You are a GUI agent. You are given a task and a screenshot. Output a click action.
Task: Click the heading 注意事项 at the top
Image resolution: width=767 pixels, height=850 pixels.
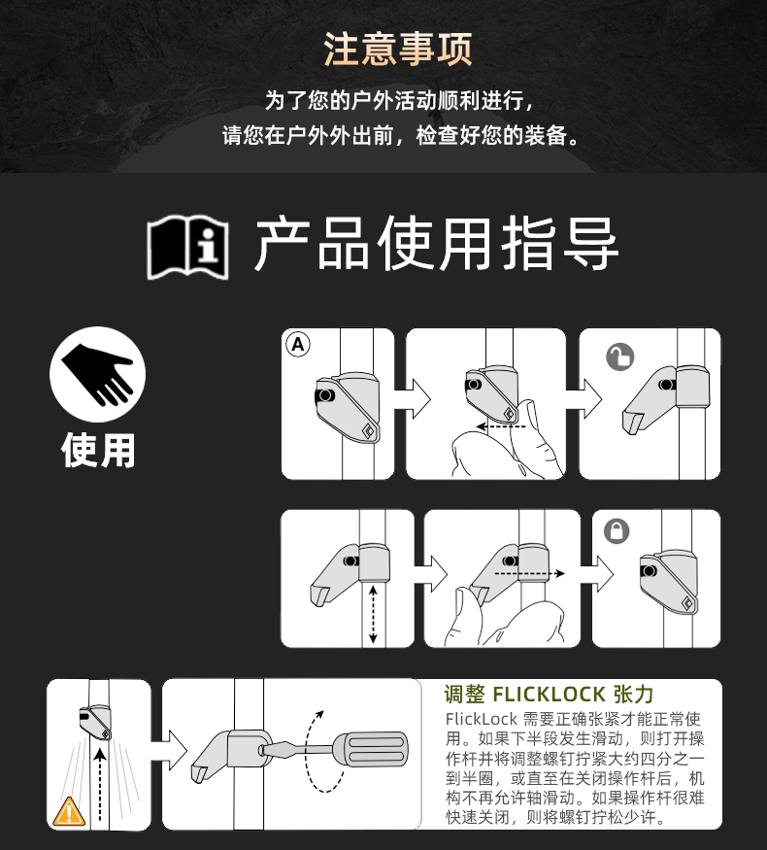click(x=398, y=49)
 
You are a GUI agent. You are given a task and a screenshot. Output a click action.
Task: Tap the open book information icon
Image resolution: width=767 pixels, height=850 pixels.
click(x=188, y=248)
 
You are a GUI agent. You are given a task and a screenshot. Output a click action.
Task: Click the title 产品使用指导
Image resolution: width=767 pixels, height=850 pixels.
click(x=436, y=244)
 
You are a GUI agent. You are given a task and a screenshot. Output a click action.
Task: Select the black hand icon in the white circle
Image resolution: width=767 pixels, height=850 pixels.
click(x=97, y=375)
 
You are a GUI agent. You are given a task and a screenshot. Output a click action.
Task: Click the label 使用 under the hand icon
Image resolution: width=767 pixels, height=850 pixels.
click(x=98, y=450)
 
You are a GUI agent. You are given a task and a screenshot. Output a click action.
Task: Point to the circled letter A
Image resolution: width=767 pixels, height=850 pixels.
click(x=298, y=345)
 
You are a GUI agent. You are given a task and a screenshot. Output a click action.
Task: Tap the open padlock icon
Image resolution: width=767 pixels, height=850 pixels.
click(x=619, y=357)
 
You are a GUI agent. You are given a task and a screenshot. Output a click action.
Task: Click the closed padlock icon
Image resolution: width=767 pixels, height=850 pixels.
click(x=617, y=530)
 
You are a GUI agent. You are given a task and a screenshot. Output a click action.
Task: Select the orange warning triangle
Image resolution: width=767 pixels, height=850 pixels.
click(x=69, y=811)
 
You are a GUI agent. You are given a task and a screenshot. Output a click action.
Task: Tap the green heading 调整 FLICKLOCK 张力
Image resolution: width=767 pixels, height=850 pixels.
click(x=549, y=694)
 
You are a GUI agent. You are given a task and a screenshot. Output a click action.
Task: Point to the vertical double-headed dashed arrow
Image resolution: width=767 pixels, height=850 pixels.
click(x=373, y=614)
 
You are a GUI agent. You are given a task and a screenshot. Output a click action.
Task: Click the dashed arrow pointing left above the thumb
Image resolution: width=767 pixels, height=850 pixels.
click(x=501, y=426)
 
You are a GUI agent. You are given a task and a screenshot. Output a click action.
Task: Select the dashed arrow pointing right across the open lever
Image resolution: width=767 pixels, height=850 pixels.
click(x=530, y=573)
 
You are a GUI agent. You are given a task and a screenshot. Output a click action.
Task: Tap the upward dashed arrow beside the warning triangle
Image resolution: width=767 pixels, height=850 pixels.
click(x=100, y=785)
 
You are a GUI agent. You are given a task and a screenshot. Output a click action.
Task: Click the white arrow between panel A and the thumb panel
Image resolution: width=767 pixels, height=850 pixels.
click(x=412, y=398)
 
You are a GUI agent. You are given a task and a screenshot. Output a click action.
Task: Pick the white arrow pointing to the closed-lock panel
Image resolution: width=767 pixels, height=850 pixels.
click(x=596, y=574)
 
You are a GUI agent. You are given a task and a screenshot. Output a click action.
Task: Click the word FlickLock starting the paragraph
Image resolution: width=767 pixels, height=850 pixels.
click(x=482, y=720)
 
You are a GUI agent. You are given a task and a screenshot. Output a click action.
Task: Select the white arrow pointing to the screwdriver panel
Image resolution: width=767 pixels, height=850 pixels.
click(x=169, y=750)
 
